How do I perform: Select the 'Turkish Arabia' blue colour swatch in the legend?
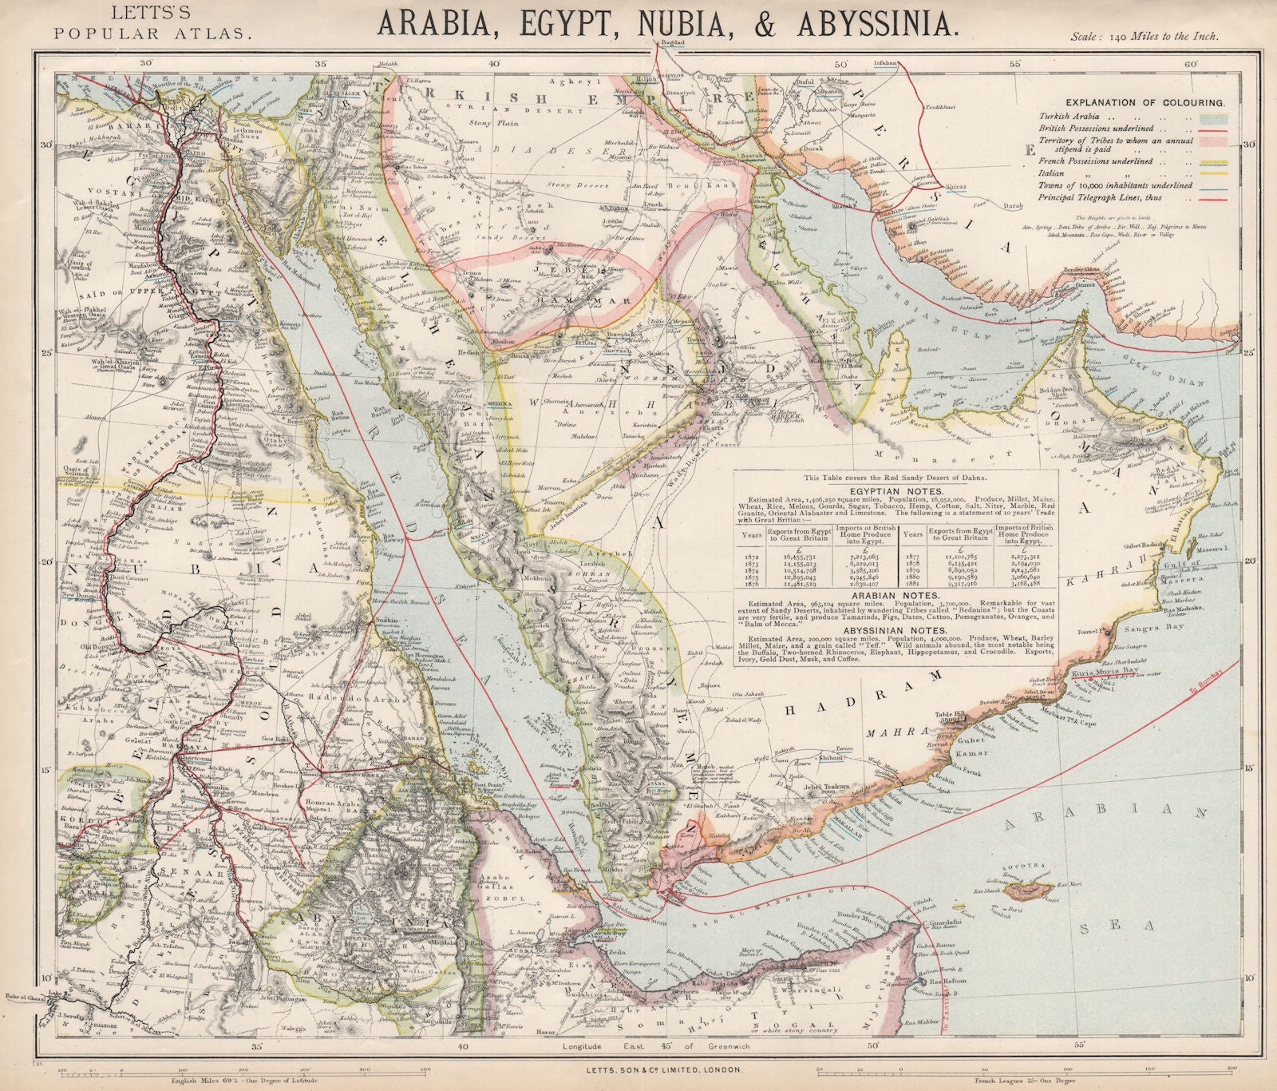1214,117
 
